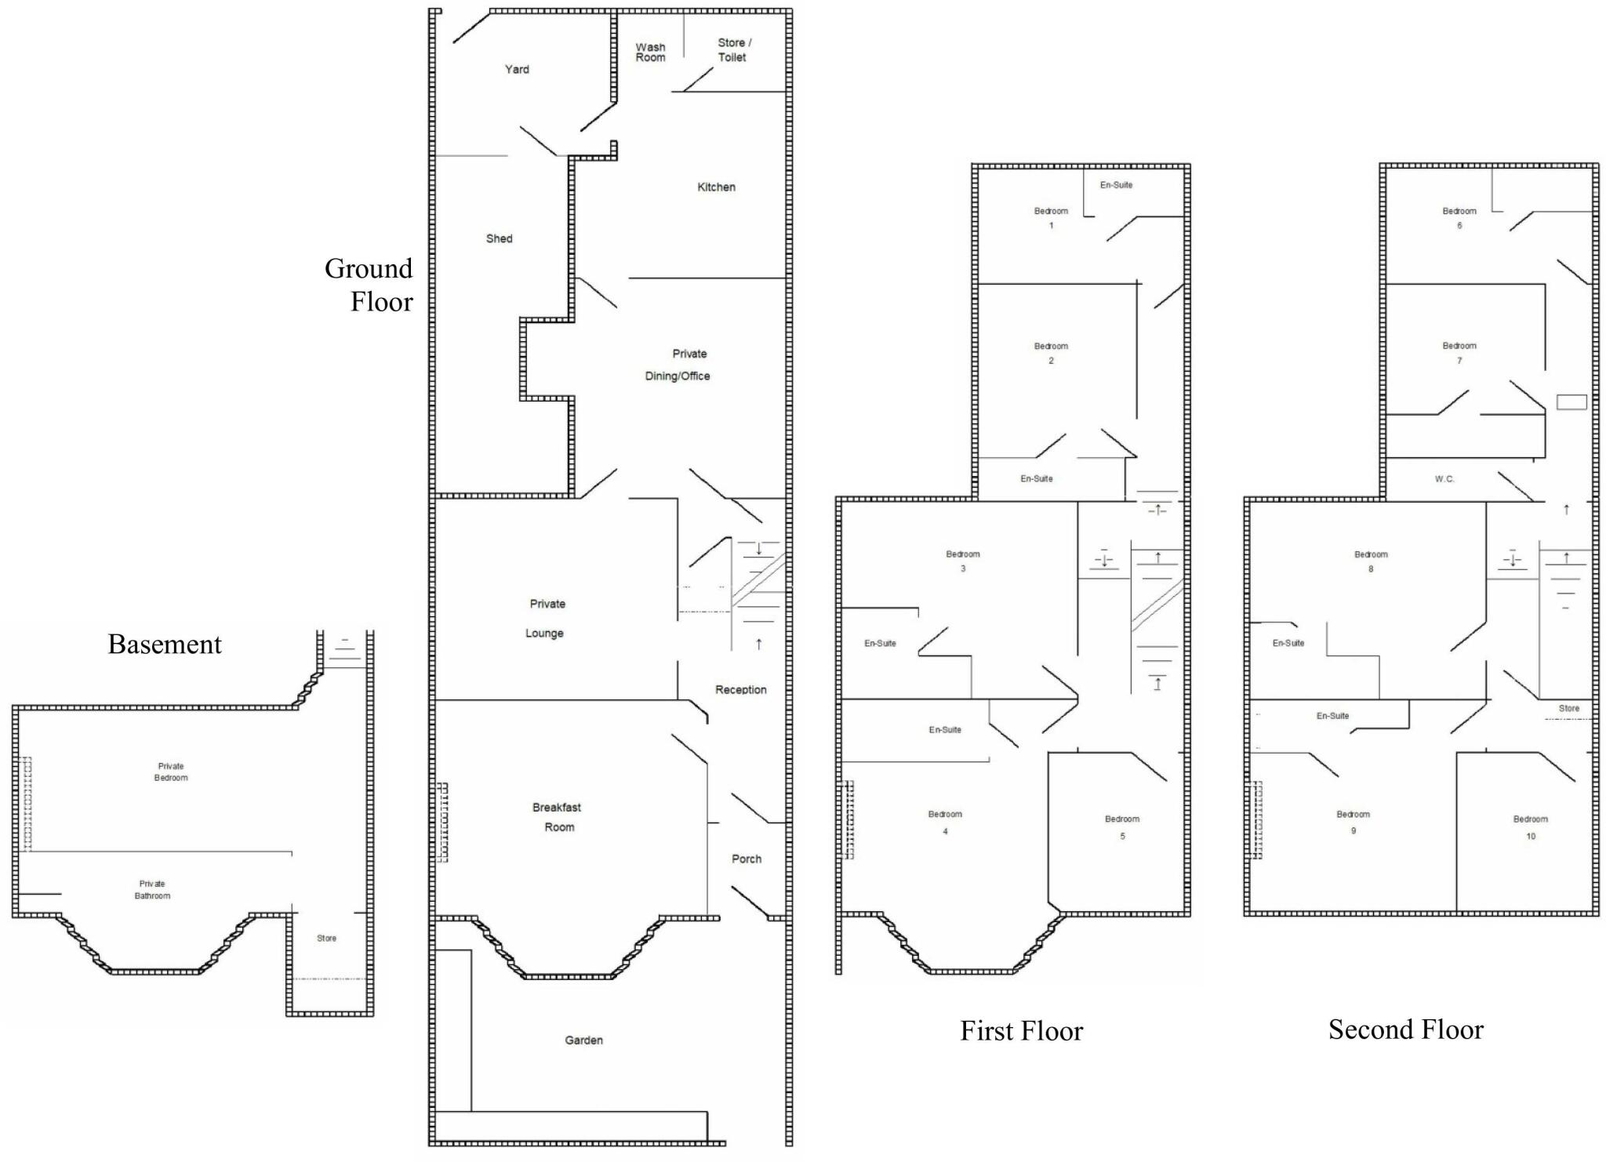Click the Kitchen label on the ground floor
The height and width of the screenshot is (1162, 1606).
coord(716,187)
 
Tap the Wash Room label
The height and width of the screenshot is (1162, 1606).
coord(650,53)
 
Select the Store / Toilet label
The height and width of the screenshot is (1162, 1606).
coord(734,50)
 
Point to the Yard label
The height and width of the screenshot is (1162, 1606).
coord(517,69)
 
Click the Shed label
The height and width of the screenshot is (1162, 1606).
coord(499,238)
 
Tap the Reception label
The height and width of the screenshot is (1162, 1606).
coord(740,689)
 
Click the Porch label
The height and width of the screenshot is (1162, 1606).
coord(746,859)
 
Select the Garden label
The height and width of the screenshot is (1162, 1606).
coord(583,1040)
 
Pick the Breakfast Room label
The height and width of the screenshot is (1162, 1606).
coord(558,817)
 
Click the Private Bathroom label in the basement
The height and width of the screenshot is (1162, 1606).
coord(152,889)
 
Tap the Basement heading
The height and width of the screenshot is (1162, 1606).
coord(165,644)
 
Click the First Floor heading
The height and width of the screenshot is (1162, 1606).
coord(1021,1030)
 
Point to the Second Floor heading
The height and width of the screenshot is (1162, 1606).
coord(1405,1029)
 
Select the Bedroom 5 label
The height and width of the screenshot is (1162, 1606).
coord(1122,827)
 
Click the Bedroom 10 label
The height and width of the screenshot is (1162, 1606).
coord(1530,827)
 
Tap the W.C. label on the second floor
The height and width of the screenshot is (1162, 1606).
coord(1444,478)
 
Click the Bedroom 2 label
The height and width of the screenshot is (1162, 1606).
coord(1051,353)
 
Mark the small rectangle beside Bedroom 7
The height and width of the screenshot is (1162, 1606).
coord(1571,401)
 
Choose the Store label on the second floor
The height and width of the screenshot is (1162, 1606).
coord(1568,708)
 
